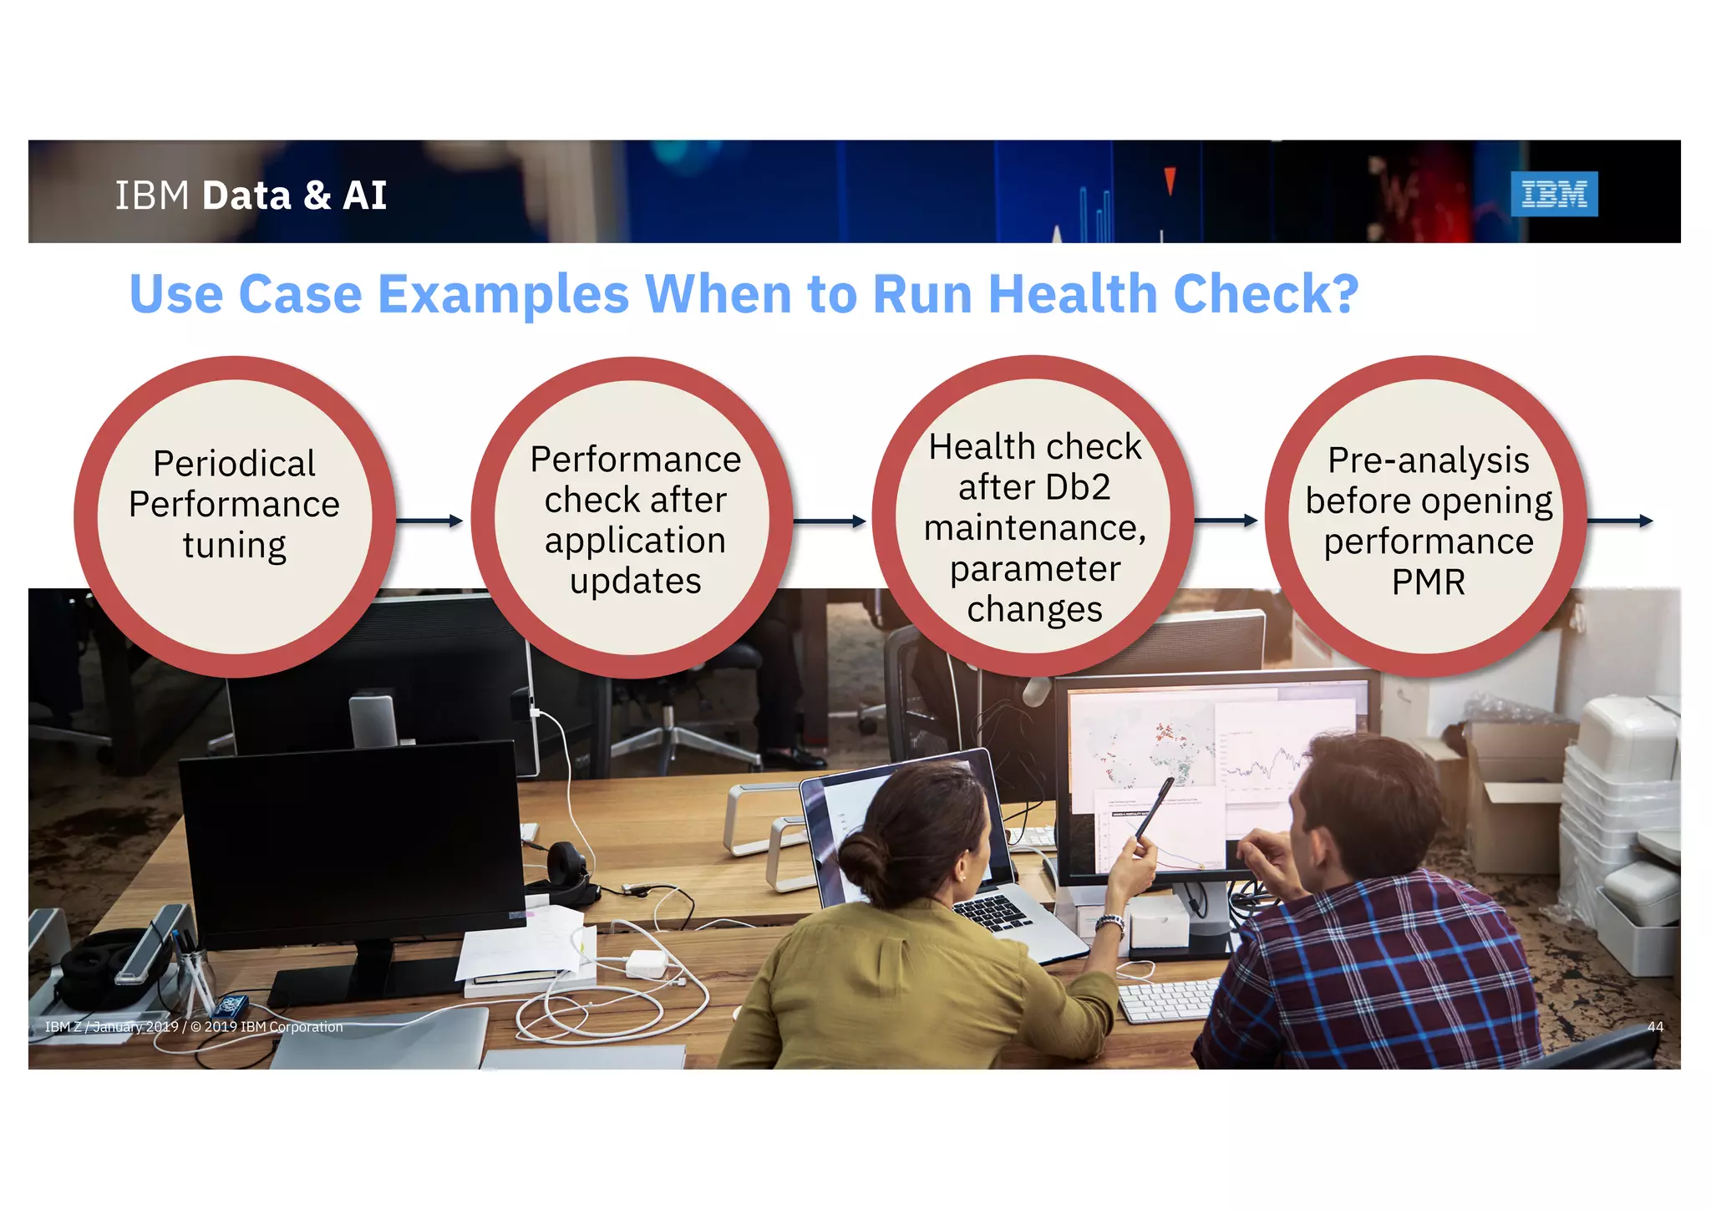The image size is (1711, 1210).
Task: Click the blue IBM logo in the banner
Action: coord(1553,194)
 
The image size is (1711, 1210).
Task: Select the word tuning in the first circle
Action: coord(235,547)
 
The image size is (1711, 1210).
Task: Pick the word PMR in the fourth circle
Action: coord(1428,582)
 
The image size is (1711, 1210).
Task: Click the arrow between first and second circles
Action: coord(429,521)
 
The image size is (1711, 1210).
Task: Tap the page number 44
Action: coord(1654,1027)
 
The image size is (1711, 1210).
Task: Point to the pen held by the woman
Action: coord(1154,806)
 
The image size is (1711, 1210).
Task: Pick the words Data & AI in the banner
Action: coord(294,196)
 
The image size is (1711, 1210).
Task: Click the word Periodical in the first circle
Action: coord(235,464)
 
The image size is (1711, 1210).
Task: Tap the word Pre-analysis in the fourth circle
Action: coord(1428,460)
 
